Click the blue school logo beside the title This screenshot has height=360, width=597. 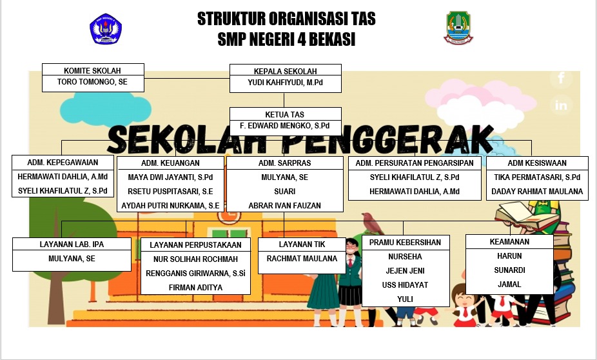tap(106, 29)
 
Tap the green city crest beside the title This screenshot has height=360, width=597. tap(458, 28)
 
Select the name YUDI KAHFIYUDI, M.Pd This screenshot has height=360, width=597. tap(285, 83)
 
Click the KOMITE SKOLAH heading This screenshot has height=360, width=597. tap(93, 70)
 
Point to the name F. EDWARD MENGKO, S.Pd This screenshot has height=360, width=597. tap(285, 126)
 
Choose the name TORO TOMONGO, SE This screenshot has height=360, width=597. tap(93, 81)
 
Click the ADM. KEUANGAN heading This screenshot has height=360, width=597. tap(170, 163)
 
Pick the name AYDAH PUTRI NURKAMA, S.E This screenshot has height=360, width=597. tap(170, 206)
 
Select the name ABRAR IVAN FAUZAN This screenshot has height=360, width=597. tap(285, 206)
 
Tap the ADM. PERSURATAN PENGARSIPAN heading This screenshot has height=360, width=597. tap(415, 163)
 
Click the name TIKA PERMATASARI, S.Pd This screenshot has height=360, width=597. tap(537, 177)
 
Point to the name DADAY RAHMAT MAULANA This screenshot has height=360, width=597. tap(537, 191)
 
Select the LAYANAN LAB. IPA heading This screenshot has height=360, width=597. tap(72, 244)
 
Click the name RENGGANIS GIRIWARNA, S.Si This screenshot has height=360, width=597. tap(196, 273)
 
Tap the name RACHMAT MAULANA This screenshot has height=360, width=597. tap(302, 259)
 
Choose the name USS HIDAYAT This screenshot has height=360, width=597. tap(405, 285)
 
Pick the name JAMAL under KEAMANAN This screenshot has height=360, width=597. tap(509, 284)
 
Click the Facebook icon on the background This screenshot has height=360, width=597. tap(561, 78)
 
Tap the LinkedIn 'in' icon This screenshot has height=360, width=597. tap(561, 105)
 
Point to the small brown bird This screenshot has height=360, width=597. tap(373, 223)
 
